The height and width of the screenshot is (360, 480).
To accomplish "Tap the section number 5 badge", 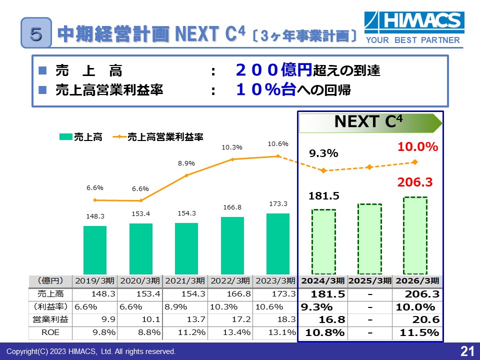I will pos(36,33).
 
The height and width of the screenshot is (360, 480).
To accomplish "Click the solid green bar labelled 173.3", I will pos(278,243).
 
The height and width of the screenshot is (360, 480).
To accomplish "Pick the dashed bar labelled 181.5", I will pos(323,241).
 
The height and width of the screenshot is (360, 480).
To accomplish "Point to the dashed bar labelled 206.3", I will pos(415,235).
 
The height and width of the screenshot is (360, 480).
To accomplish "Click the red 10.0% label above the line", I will pos(418,147).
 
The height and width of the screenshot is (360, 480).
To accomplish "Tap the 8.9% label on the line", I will pos(186,163).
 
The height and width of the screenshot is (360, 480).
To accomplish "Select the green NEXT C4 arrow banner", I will pos(370,122).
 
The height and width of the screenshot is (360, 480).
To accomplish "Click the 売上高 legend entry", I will pos(80,137).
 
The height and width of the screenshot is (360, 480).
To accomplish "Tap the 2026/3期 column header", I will pos(417,280).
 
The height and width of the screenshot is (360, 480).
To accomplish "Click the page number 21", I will pos(466,351).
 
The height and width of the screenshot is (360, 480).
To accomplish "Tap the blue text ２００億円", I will pos(274,70).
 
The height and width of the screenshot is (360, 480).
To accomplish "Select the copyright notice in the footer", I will pos(91,352).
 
